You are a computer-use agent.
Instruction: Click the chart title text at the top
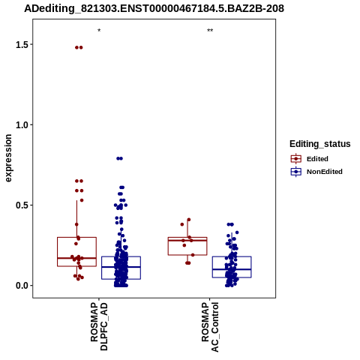[x=154, y=8]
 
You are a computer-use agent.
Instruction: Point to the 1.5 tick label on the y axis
[x=21, y=45]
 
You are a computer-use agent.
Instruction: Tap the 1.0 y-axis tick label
[x=21, y=125]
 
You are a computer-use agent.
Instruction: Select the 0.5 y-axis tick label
[x=21, y=205]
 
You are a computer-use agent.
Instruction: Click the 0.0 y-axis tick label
[x=21, y=286]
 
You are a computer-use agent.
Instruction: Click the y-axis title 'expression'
[x=8, y=158]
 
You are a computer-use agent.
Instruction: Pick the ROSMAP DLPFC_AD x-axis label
[x=99, y=326]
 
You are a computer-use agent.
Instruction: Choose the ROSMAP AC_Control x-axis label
[x=210, y=327]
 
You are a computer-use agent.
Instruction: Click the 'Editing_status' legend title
[x=320, y=144]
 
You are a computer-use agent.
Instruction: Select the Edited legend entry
[x=310, y=159]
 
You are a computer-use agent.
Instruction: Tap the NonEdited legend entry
[x=316, y=172]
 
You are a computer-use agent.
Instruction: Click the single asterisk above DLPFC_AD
[x=99, y=31]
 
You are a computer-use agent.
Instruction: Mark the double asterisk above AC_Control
[x=210, y=31]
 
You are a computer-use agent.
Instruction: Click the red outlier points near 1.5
[x=79, y=47]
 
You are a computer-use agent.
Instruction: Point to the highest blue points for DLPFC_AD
[x=120, y=158]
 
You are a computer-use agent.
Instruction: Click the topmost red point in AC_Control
[x=189, y=220]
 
